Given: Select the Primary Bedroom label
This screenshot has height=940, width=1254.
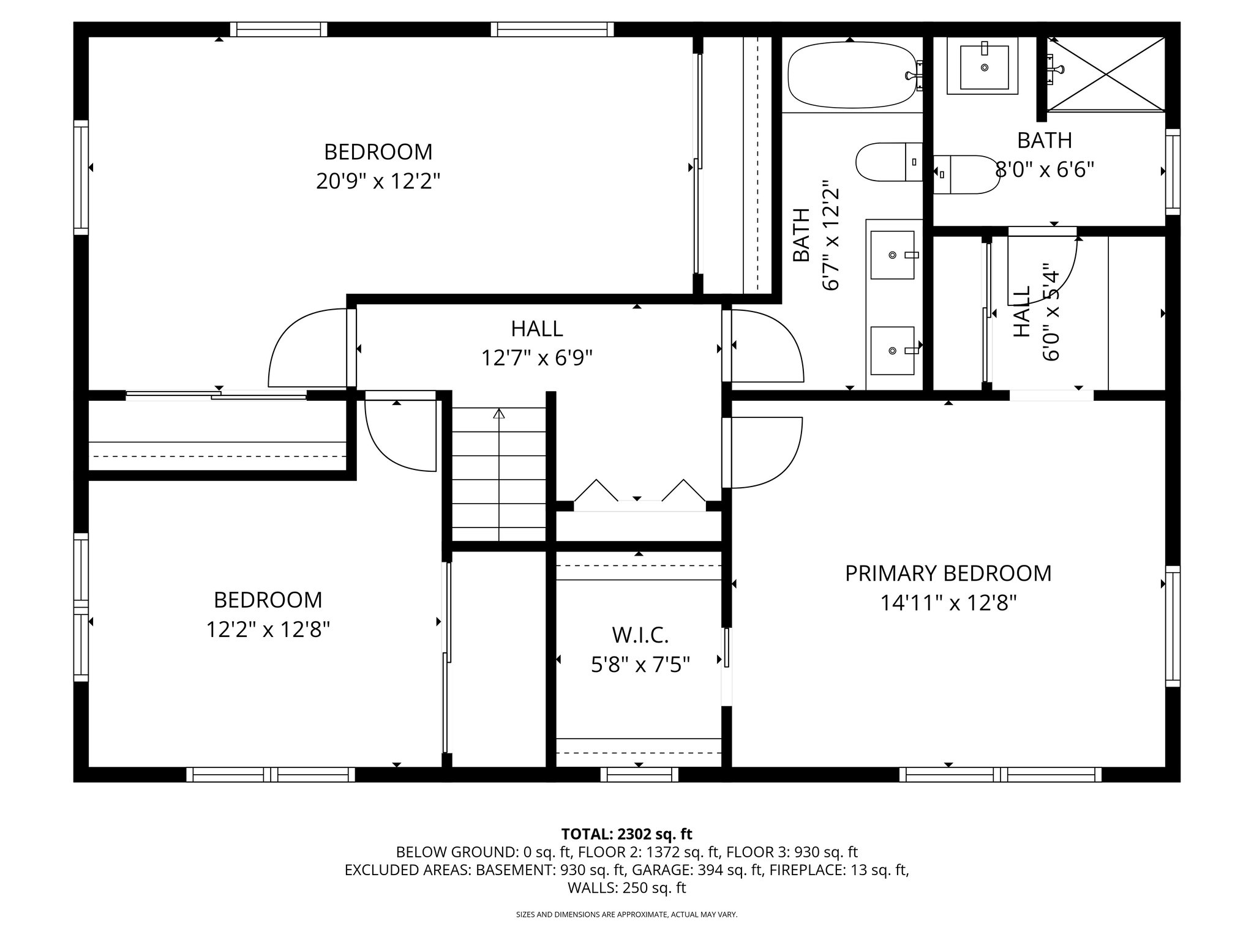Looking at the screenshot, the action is (948, 573).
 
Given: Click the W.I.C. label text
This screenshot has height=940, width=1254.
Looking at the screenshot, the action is (640, 635).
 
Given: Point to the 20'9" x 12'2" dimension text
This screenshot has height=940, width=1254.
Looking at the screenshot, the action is (378, 181).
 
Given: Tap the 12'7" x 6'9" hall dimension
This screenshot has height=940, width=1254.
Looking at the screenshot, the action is (537, 358).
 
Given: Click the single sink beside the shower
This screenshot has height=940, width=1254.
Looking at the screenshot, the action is (983, 66).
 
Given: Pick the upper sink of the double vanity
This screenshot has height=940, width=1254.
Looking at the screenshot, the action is (893, 254).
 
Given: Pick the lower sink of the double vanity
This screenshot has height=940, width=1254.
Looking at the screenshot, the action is (893, 350).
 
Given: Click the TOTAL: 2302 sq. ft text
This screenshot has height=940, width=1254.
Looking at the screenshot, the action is (626, 834).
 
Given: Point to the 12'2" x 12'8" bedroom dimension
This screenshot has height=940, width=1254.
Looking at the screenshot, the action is (268, 629).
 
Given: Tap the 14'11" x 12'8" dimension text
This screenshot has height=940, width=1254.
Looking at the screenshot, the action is (948, 603).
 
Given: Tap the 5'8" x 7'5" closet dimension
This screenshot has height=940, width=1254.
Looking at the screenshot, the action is (640, 665).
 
